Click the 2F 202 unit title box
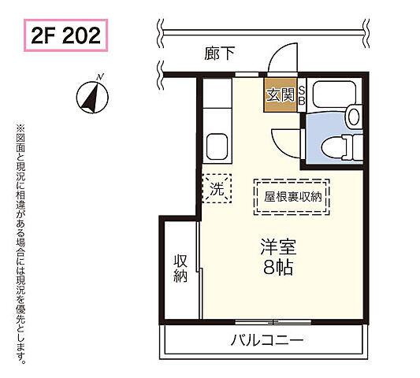click(x=66, y=35)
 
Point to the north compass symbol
click(x=91, y=98)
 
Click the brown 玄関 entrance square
click(x=279, y=96)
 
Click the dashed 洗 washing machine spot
click(x=215, y=189)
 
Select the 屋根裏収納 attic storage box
click(x=292, y=197)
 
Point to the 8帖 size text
click(x=278, y=268)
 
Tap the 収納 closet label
click(x=180, y=267)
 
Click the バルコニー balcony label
click(x=266, y=341)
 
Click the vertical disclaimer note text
click(x=21, y=244)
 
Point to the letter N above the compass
click(x=99, y=76)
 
